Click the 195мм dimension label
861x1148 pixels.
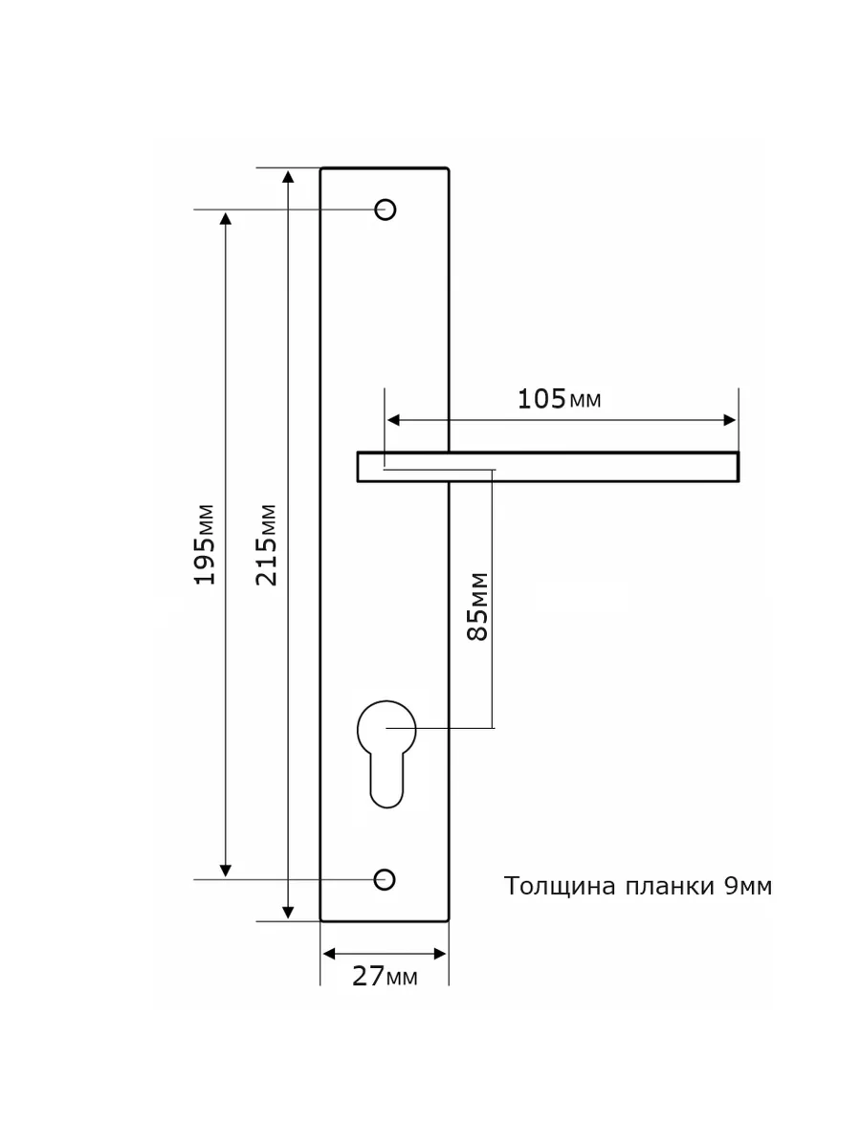[205, 544]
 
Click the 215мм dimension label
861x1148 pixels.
[266, 544]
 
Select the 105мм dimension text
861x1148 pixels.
[559, 400]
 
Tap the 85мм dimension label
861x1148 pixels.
[477, 607]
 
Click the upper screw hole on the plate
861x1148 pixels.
[386, 210]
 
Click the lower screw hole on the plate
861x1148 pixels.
[385, 880]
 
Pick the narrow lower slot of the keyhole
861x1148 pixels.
[386, 782]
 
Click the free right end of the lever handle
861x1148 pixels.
[737, 467]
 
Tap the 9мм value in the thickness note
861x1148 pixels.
[748, 887]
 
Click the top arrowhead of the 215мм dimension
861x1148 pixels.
[288, 177]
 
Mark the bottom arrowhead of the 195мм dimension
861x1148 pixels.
[226, 871]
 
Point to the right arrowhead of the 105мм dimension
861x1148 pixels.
[729, 420]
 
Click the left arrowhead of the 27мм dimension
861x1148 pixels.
[329, 954]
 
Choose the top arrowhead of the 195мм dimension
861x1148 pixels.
[226, 219]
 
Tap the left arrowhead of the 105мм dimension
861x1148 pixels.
[393, 420]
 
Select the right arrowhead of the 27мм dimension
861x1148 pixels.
[440, 954]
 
